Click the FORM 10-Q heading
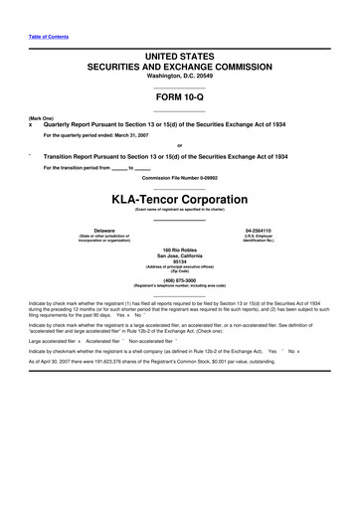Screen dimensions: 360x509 coord(179,97)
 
